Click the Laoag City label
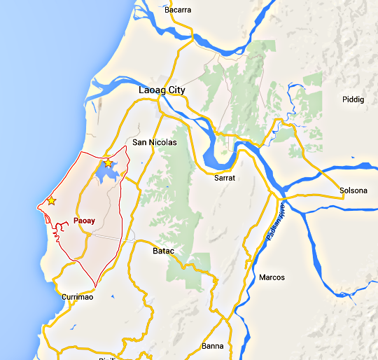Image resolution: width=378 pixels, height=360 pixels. coord(162,90)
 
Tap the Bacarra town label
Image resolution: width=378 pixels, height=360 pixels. coord(178,10)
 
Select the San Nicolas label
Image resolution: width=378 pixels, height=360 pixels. coord(155,142)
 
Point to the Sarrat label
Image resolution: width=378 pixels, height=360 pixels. coord(225,179)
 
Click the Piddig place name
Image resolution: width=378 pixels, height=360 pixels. coord(353,99)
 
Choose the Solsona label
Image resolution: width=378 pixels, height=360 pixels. coord(353,191)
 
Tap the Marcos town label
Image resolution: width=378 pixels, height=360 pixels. coord(272,277)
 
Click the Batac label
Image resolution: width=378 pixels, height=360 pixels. coord(163,250)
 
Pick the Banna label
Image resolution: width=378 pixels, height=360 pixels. coord(213,346)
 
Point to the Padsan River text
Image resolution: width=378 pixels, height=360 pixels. coord(276,223)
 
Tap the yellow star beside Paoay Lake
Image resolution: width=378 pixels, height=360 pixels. coord(108,163)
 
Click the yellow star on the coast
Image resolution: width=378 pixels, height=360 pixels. coord(51,201)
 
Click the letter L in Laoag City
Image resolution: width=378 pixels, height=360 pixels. coord(141,90)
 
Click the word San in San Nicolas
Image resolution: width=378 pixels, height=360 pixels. coord(139,142)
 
